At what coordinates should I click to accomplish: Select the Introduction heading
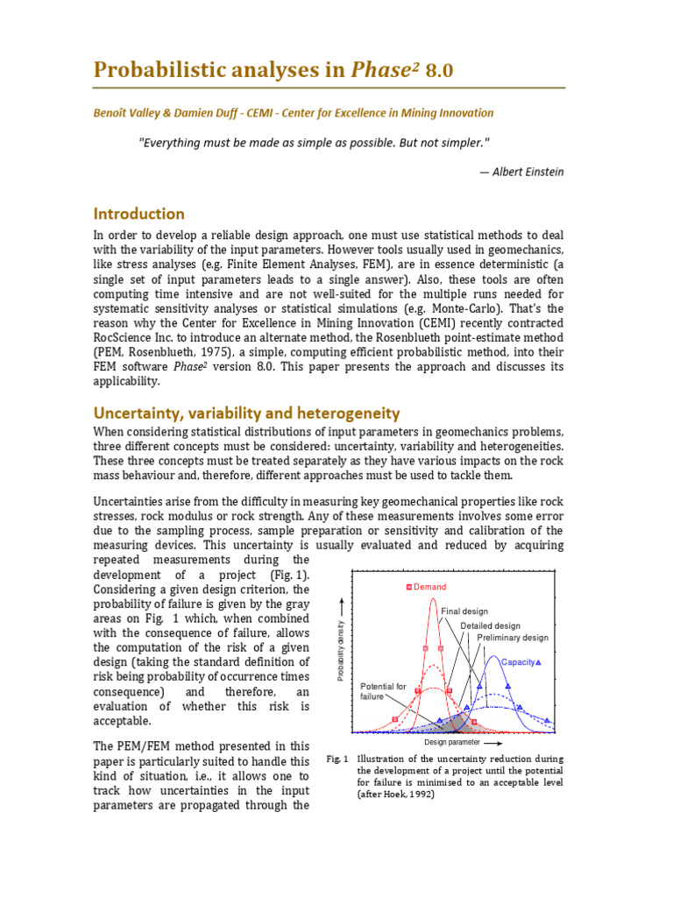[139, 214]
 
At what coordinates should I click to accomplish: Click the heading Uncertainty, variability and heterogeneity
[246, 413]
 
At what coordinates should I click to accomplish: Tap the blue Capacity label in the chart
[518, 662]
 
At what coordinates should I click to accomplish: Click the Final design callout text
[464, 611]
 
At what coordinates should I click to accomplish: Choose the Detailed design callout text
[491, 625]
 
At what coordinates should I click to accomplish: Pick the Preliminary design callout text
[513, 638]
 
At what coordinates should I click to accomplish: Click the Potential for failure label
[383, 691]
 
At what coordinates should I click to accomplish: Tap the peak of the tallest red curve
[433, 600]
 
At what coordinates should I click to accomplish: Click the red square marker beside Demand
[408, 587]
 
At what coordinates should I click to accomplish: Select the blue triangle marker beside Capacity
[539, 662]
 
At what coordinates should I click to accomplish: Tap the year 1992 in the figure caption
[422, 795]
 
